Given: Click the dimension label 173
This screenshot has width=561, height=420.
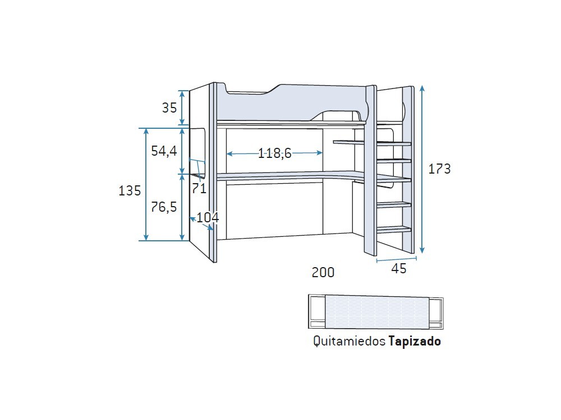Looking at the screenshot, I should [x=439, y=169].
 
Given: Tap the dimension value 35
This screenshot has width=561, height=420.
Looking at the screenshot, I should [x=169, y=108].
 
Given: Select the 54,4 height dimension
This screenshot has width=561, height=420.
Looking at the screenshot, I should [x=164, y=151].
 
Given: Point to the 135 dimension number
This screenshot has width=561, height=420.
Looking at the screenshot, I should [x=130, y=190].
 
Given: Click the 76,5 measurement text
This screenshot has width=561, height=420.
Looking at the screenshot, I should [x=164, y=207].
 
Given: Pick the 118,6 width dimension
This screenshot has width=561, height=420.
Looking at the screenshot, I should [x=275, y=153].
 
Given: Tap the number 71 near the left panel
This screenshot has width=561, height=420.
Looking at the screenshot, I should [x=199, y=188].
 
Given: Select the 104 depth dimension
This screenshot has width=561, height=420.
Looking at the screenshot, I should [x=208, y=217].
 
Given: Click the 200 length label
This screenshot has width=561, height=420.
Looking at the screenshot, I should [x=323, y=273].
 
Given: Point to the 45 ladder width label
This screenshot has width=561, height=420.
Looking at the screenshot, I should [x=398, y=269].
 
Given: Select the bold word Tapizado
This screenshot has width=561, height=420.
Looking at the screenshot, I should [x=415, y=341].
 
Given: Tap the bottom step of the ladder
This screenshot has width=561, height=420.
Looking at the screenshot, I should [x=394, y=228].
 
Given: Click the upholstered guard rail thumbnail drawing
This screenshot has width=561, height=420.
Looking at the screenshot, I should [x=376, y=311].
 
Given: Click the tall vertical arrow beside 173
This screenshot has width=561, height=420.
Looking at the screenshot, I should [x=422, y=169].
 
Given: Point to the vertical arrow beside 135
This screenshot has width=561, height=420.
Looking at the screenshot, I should [x=146, y=185].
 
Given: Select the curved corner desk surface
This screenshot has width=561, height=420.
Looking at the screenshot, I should [x=292, y=175].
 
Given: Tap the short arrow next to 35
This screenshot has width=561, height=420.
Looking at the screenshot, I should [x=182, y=108].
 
